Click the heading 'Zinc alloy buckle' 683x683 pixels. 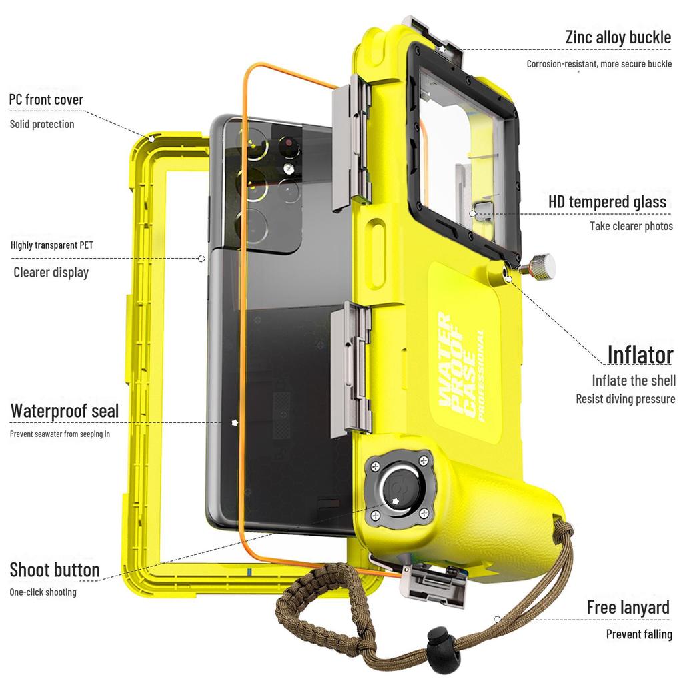click(618, 37)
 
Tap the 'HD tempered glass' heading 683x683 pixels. click(607, 201)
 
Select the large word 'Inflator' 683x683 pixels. click(640, 354)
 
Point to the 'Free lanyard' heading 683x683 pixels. click(628, 607)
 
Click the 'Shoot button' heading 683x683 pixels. click(55, 570)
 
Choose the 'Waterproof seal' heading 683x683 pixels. click(65, 410)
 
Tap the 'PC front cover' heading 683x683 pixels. click(46, 100)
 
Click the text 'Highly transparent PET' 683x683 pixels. click(52, 245)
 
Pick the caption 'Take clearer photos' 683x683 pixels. click(631, 226)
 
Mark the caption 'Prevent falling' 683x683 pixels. click(639, 634)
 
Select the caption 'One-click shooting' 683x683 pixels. click(43, 592)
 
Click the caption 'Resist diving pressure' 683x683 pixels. click(626, 399)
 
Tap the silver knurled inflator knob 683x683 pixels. click(541, 267)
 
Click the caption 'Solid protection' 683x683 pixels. click(42, 125)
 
